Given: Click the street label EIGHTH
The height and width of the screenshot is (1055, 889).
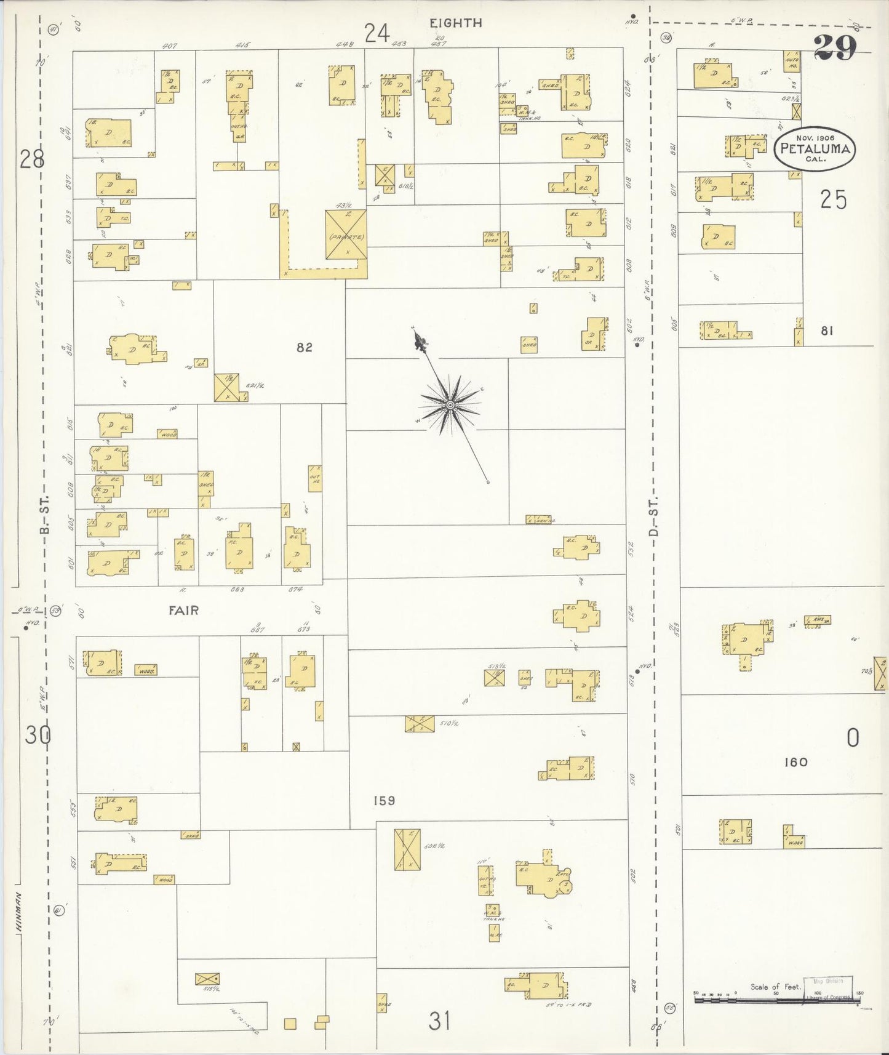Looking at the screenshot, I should (x=455, y=23).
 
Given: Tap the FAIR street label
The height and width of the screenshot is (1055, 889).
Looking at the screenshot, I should (x=184, y=610).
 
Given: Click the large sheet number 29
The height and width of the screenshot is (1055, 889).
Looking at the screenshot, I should (x=835, y=47).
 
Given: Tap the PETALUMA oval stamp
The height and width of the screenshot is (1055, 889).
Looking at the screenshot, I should (x=815, y=148).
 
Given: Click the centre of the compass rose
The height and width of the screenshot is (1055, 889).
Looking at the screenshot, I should (x=450, y=404).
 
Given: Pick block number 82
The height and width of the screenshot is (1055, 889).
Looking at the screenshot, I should (x=305, y=347).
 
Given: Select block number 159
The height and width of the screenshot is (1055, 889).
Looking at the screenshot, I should (x=384, y=801).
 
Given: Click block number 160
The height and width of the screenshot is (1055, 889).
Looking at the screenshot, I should (x=795, y=762).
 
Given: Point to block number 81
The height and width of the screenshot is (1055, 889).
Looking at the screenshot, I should (x=827, y=331).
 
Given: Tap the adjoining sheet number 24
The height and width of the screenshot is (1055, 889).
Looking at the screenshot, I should (x=377, y=33).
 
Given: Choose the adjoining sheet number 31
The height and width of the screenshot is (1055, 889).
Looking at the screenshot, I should (x=439, y=1021).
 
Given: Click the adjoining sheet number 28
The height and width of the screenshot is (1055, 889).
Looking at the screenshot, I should (x=31, y=159).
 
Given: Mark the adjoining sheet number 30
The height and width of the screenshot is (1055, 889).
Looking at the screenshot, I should (x=37, y=734).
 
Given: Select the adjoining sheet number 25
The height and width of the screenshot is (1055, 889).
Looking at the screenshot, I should (x=833, y=200).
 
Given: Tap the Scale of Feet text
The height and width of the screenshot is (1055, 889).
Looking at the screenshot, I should (x=774, y=987).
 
